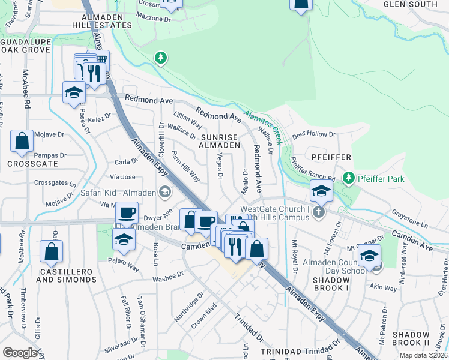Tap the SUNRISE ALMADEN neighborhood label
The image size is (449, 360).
point(220,140)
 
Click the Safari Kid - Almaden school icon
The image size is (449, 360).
point(163,193)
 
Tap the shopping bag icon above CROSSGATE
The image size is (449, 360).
point(22,142)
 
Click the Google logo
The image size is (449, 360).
point(20,352)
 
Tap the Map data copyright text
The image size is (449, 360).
point(423,355)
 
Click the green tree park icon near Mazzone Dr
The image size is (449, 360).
point(160,58)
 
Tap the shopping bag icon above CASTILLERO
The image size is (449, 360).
point(51,252)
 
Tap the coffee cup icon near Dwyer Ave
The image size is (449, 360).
point(127,212)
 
